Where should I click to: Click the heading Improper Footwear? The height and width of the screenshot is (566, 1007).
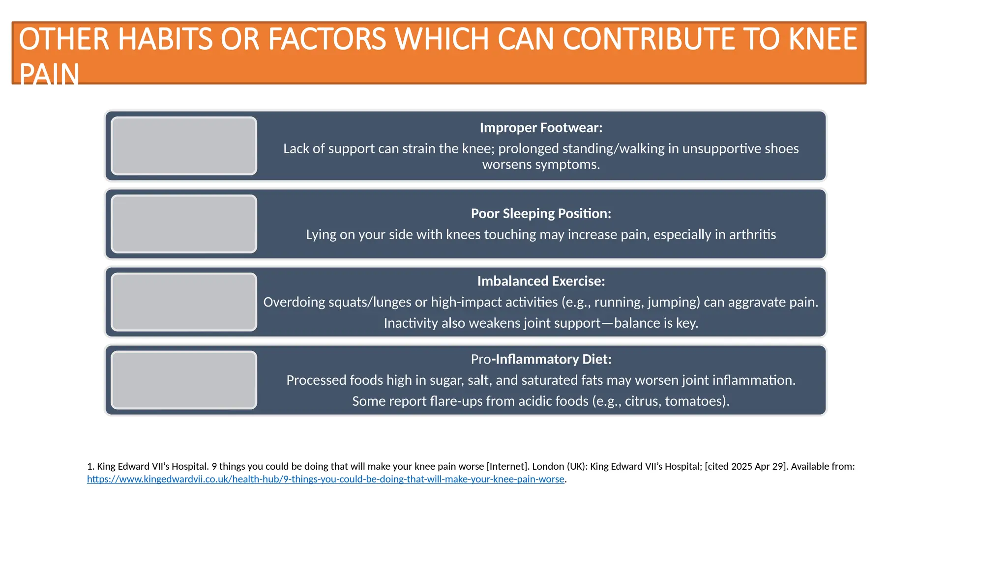[541, 128]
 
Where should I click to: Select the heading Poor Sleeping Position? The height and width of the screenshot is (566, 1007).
[541, 214]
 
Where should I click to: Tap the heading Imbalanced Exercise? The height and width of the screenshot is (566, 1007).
[541, 281]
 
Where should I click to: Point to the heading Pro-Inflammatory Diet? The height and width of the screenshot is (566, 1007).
[541, 359]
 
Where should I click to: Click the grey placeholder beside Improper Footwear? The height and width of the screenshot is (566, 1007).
[184, 146]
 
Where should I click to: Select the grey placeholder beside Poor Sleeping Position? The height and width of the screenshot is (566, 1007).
[184, 224]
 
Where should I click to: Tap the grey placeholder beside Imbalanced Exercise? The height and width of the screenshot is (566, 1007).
[184, 302]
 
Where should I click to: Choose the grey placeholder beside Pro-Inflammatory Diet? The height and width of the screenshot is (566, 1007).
[184, 380]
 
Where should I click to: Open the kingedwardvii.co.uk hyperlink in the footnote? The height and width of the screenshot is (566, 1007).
[326, 479]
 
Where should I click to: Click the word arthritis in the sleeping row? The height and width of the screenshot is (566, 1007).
[752, 234]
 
